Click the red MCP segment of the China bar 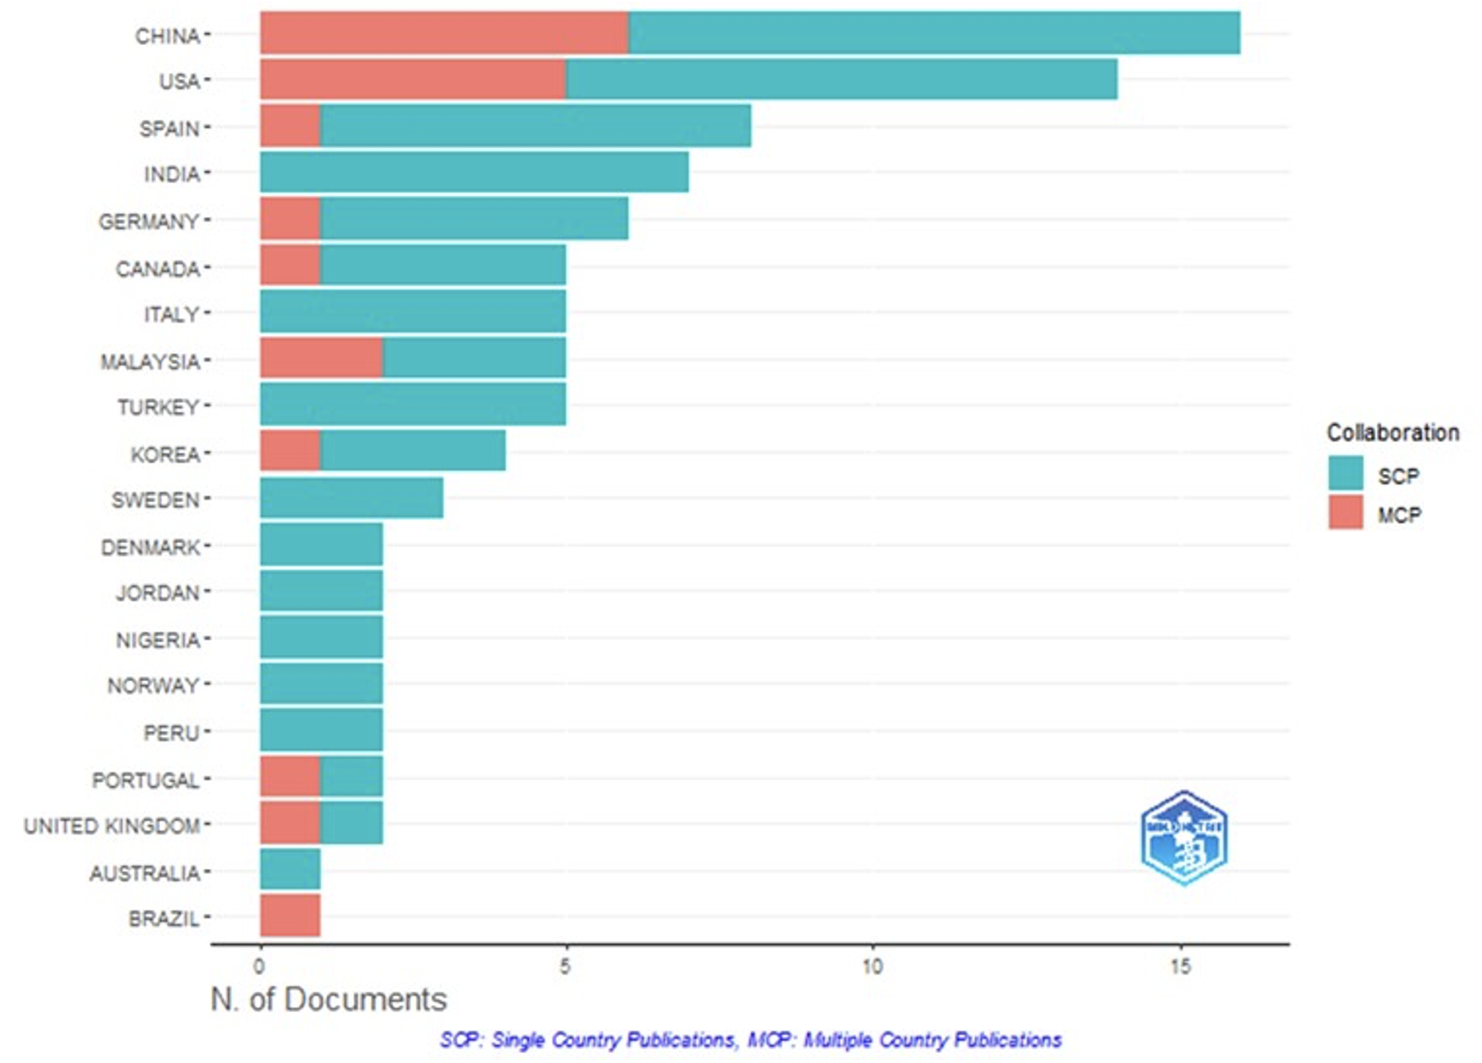pyautogui.click(x=444, y=33)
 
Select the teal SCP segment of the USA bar pyautogui.click(x=841, y=79)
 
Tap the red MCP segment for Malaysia pyautogui.click(x=321, y=358)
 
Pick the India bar pyautogui.click(x=474, y=172)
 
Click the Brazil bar pyautogui.click(x=290, y=915)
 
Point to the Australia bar pyautogui.click(x=290, y=869)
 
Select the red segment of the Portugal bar pyautogui.click(x=290, y=776)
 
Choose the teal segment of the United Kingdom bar pyautogui.click(x=352, y=823)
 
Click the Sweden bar pyautogui.click(x=351, y=498)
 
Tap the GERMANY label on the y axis pyautogui.click(x=149, y=222)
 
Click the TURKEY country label pyautogui.click(x=158, y=408)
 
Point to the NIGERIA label pyautogui.click(x=158, y=640)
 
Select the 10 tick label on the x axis pyautogui.click(x=872, y=967)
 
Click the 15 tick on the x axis pyautogui.click(x=1180, y=967)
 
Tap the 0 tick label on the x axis pyautogui.click(x=260, y=967)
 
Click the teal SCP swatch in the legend pyautogui.click(x=1345, y=473)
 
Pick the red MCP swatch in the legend pyautogui.click(x=1345, y=512)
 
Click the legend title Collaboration pyautogui.click(x=1393, y=433)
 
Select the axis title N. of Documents pyautogui.click(x=328, y=999)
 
